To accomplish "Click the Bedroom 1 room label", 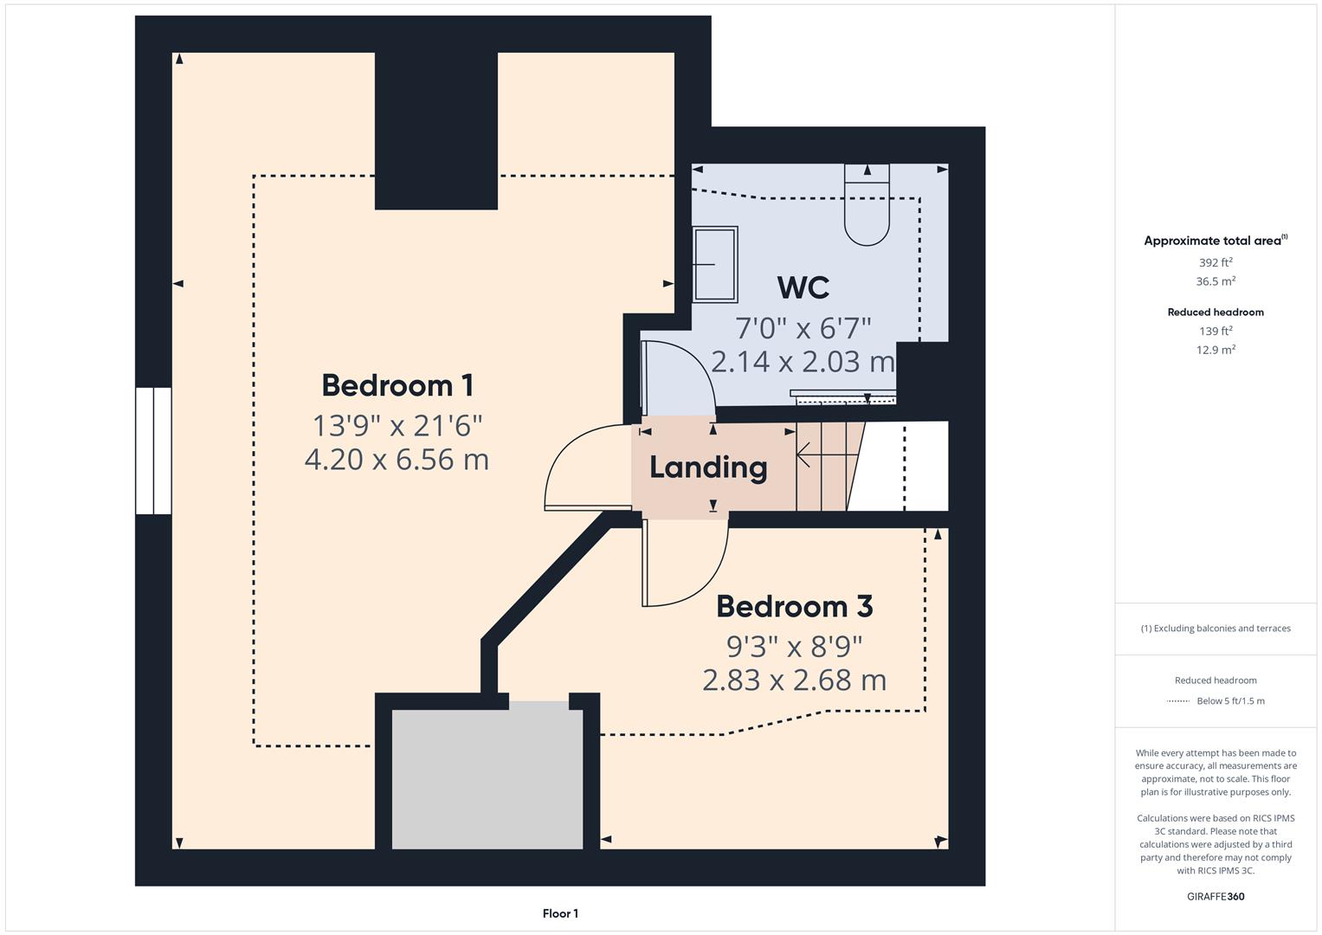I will click(x=397, y=385).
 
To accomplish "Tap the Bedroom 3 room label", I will click(x=794, y=607).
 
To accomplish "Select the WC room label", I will click(x=803, y=287).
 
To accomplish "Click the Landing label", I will click(x=708, y=467).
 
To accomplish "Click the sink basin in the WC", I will click(x=715, y=264).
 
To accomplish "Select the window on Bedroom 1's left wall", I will click(x=153, y=451).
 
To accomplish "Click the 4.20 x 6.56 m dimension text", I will click(x=397, y=459).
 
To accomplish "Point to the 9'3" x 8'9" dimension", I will click(x=794, y=646).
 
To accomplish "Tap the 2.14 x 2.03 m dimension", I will click(x=803, y=361).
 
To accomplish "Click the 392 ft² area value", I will click(x=1216, y=262).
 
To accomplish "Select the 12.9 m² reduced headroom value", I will click(x=1216, y=350).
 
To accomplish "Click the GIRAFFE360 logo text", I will click(x=1216, y=896).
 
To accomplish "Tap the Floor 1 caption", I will click(x=560, y=913).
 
